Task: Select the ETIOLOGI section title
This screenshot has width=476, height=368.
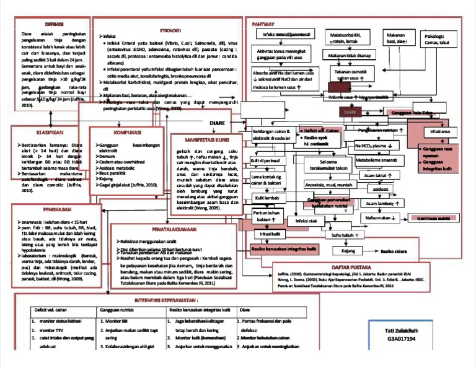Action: tap(170, 30)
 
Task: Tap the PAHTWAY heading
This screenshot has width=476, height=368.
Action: tap(264, 24)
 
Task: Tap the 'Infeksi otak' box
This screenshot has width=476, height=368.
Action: tap(306, 221)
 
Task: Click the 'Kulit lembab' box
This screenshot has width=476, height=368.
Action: tap(269, 198)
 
